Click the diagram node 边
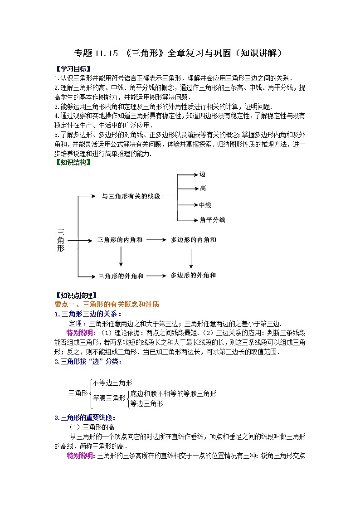coord(202,175)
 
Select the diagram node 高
coord(202,188)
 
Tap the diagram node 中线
coord(205,205)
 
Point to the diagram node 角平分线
coord(212,220)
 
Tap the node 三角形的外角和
coord(121,276)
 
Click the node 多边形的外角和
coord(193,275)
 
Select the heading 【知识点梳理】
coord(75,296)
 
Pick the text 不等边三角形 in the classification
coord(112,383)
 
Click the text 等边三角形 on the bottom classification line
coord(146,403)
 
